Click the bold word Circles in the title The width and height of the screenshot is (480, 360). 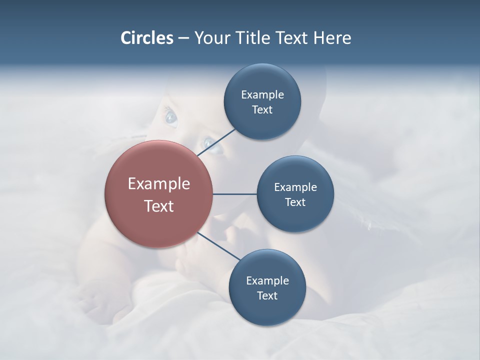(x=146, y=38)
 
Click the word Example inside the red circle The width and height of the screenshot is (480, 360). (x=159, y=184)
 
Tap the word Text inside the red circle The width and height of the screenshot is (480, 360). (x=159, y=206)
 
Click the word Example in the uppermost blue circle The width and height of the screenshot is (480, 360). (x=262, y=95)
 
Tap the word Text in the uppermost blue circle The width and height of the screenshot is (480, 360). (x=262, y=110)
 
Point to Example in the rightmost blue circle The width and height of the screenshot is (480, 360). (x=295, y=187)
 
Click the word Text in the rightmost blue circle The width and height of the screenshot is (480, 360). (x=295, y=202)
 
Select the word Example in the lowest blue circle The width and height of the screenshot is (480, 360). (x=267, y=281)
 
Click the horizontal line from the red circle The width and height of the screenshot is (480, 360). (x=235, y=194)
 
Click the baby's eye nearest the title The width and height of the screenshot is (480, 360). (x=171, y=117)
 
